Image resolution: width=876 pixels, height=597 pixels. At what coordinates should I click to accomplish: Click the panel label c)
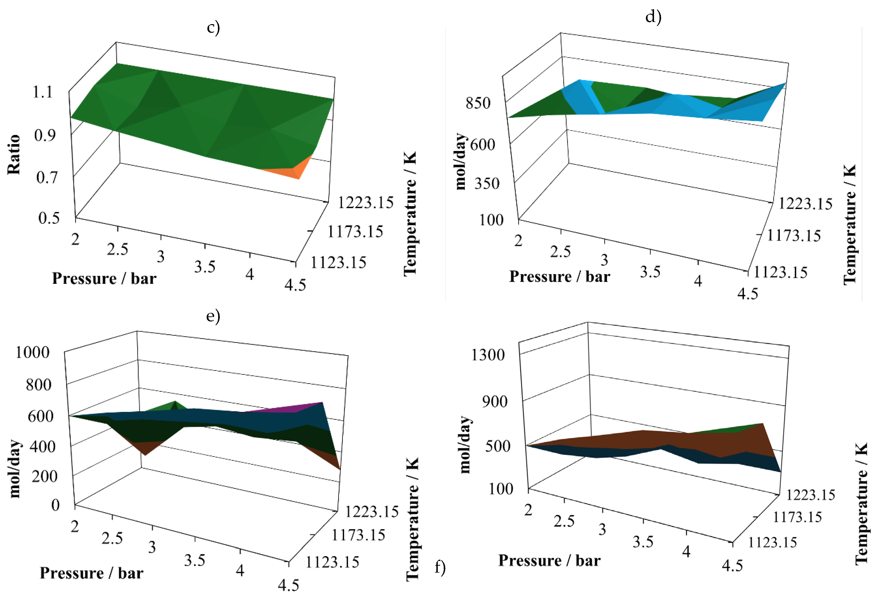pos(213,28)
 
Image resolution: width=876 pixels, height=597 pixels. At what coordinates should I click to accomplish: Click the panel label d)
pos(653,17)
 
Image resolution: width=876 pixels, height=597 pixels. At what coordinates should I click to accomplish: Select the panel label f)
pos(440,566)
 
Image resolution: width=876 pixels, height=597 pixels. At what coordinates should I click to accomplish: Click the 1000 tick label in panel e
pos(33,352)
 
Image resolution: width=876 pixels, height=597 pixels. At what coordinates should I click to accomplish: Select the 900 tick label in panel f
pos(494,401)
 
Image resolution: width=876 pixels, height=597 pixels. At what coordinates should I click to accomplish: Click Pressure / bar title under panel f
pos(549,560)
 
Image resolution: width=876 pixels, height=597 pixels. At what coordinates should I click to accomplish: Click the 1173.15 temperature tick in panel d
pos(794,236)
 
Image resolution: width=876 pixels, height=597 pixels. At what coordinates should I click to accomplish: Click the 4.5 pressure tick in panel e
pos(288,585)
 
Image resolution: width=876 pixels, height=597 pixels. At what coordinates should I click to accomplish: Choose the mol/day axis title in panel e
pos(15,469)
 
